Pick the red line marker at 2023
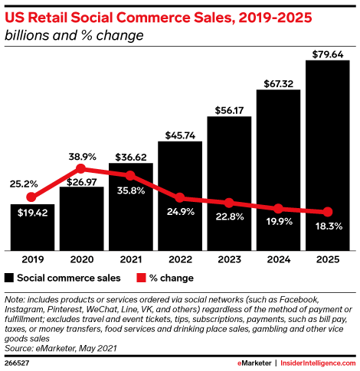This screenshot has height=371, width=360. [229, 203]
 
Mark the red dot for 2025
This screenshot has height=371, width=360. [328, 212]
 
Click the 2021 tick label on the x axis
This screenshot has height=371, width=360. [130, 259]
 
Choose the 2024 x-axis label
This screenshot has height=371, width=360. [278, 259]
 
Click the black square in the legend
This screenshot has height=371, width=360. [9, 278]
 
